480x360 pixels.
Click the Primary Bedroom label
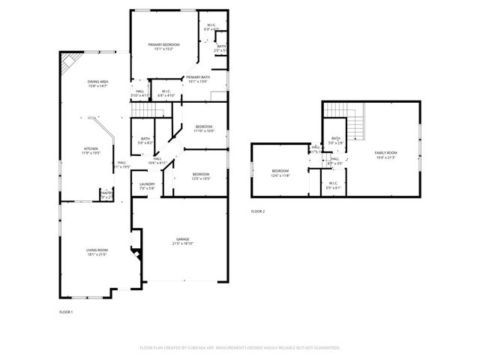pos(163,46)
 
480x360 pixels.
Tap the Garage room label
pos(183,239)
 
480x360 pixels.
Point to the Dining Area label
pos(98,82)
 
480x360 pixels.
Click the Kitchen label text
pos(91,148)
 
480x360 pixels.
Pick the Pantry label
pos(106,193)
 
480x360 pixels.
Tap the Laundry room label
pos(147,184)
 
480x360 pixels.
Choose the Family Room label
pos(385,152)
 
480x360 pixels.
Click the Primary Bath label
pos(198,77)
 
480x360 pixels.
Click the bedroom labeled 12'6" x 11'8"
pos(280,171)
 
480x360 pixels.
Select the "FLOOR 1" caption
pos(66,311)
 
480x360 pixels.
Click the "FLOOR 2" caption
pos(258,211)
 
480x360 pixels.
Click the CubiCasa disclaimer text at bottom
pos(240,348)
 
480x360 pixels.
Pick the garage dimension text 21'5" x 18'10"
pos(183,244)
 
